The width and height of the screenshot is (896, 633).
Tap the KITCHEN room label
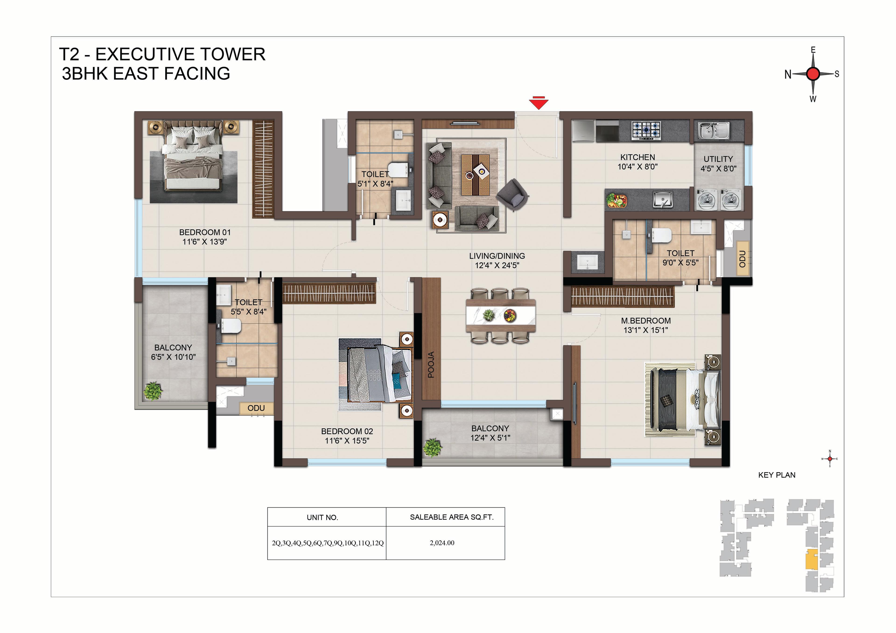tap(637, 157)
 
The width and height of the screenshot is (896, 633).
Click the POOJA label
tap(431, 365)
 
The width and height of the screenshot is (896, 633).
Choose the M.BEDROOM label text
tap(646, 321)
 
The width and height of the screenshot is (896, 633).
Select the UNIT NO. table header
tap(322, 518)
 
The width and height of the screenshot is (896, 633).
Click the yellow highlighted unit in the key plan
tap(812, 560)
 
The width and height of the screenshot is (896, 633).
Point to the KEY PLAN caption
tap(777, 475)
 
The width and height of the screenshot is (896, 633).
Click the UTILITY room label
tap(718, 159)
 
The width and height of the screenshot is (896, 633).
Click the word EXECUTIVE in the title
tap(181, 54)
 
